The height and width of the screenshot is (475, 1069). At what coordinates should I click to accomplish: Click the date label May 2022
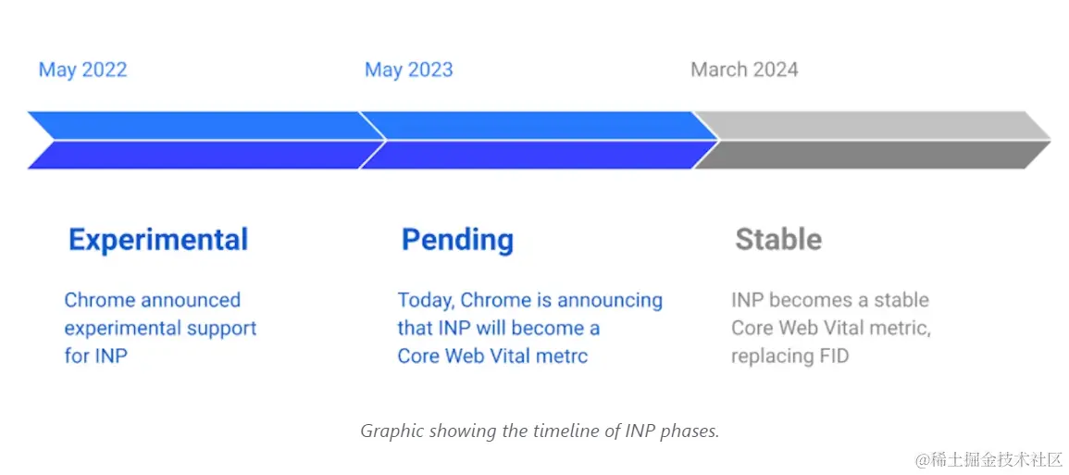click(82, 70)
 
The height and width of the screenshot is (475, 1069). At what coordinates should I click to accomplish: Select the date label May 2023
click(408, 70)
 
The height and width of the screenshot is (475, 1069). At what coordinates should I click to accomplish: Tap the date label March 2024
click(744, 70)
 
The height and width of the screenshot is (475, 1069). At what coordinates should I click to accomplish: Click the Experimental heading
click(158, 240)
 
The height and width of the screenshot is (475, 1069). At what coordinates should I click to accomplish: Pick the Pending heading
click(457, 240)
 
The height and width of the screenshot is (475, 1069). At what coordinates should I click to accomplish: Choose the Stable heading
click(778, 240)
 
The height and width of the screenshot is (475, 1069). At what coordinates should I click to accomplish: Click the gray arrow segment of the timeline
click(872, 140)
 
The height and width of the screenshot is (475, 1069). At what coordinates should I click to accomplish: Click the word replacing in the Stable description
click(770, 356)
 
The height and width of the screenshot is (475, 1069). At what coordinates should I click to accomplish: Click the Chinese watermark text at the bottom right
click(989, 459)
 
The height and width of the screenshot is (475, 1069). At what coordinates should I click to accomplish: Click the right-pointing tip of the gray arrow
click(1050, 140)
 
